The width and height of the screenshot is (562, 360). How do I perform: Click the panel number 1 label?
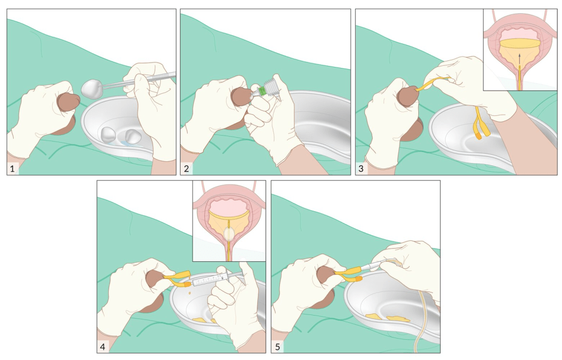click(13, 168)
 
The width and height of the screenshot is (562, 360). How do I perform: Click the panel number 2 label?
click(186, 168)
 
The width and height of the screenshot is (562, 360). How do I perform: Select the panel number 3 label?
click(361, 168)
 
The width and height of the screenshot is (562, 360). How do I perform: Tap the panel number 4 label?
click(103, 347)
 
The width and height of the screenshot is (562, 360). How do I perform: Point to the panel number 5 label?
click(277, 347)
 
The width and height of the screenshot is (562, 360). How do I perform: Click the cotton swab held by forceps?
click(93, 88)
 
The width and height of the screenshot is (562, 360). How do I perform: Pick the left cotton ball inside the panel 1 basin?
click(108, 134)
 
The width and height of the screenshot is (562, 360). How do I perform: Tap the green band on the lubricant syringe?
click(264, 90)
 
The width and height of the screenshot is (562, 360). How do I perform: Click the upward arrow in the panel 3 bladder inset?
click(519, 59)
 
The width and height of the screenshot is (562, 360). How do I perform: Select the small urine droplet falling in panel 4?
click(189, 293)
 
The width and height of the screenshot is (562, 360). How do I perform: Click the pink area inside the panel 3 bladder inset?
click(519, 35)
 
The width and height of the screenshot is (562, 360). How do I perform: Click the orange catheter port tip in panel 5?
click(358, 279)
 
